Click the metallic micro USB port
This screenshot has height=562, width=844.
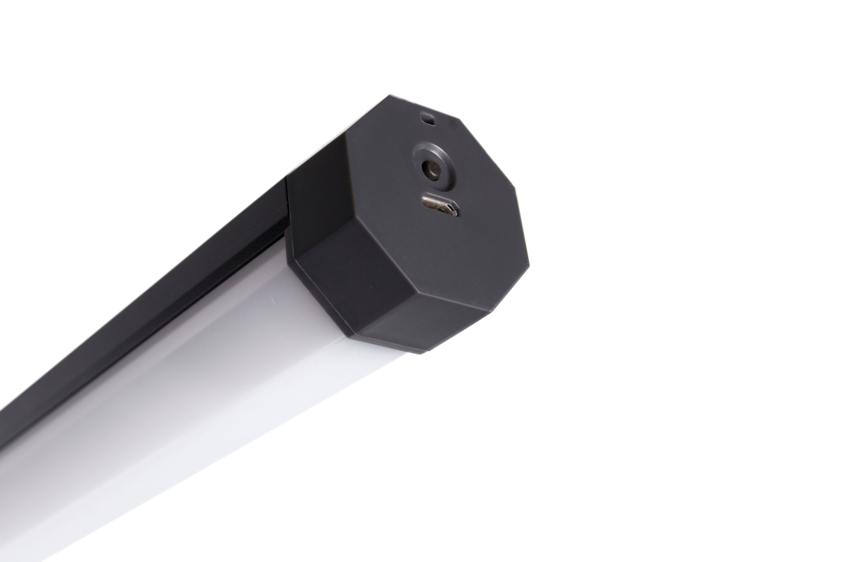click(x=441, y=205)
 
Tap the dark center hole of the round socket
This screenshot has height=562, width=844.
click(x=430, y=170)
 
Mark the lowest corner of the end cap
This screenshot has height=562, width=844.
click(x=421, y=352)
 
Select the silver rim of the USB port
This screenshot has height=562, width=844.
click(x=451, y=205)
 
